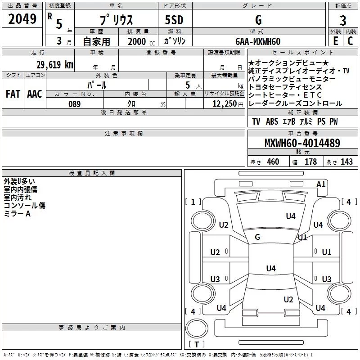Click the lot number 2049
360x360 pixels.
coord(22,19)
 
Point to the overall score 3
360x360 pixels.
coord(343,20)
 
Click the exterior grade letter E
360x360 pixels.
coord(335,41)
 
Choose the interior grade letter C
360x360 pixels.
coord(350,41)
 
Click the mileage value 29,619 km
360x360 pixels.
coord(53,65)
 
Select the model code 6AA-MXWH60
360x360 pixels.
coord(258,41)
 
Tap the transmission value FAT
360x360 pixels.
coord(13,94)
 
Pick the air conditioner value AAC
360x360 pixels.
coord(35,94)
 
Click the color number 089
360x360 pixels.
coord(75,104)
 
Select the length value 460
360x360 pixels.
coord(273,162)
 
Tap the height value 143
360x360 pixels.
coord(346,162)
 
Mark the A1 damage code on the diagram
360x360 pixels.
coord(321,184)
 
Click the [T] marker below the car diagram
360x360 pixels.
coord(196,345)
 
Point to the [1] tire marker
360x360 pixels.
coord(193,202)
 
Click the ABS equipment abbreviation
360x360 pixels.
coord(272,122)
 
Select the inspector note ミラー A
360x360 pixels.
coord(17,214)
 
